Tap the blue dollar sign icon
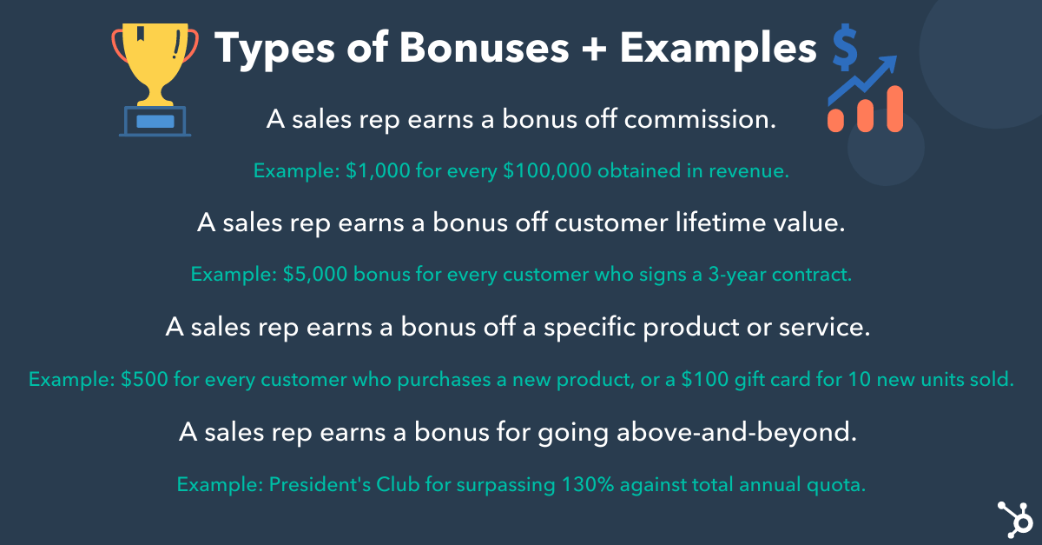pyautogui.click(x=843, y=48)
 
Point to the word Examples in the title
pyautogui.click(x=718, y=49)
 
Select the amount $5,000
pyautogui.click(x=316, y=275)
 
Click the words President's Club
pyautogui.click(x=329, y=484)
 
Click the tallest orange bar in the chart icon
pyautogui.click(x=894, y=109)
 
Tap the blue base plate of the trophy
pyautogui.click(x=155, y=122)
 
